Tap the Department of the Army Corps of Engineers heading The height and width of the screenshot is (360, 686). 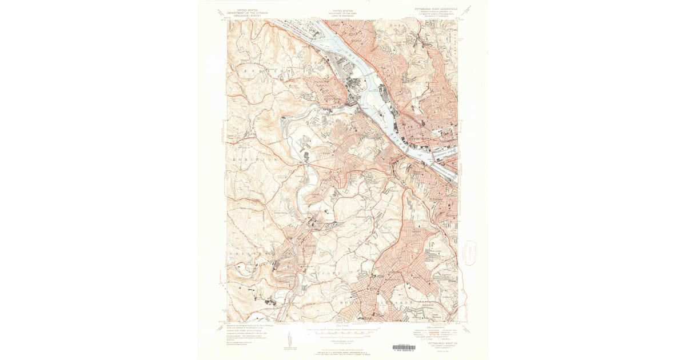(x=343, y=12)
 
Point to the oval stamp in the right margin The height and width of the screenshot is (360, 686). (x=470, y=252)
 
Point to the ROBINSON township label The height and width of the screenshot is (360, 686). (x=255, y=161)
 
